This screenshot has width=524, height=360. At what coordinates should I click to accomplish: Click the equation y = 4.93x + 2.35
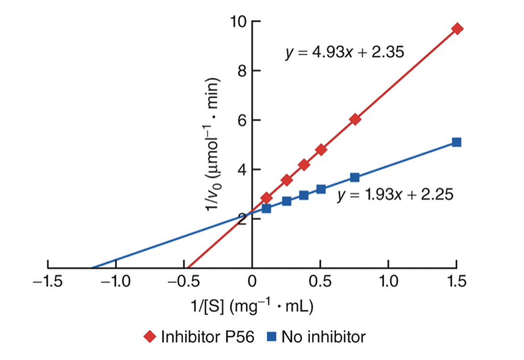344,53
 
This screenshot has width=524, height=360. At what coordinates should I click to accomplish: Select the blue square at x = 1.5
456,142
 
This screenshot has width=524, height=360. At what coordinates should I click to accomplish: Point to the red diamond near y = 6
355,119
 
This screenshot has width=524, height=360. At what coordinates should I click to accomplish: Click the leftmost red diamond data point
266,198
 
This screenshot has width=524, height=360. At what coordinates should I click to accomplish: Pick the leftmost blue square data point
266,208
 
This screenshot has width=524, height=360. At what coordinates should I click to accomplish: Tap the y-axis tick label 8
241,71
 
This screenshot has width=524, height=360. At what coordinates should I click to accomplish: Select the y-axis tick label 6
241,120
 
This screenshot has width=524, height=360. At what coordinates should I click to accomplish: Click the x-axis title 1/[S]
252,306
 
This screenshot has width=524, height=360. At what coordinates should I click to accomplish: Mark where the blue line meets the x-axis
92,267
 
